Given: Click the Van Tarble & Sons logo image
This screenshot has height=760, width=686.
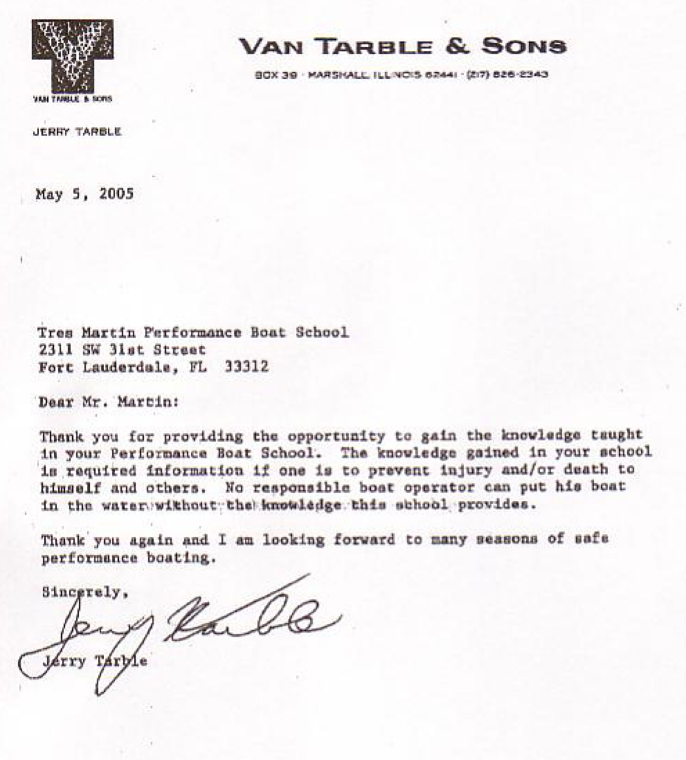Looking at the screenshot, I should [x=72, y=55].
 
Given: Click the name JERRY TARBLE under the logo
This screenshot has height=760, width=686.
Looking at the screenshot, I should [x=77, y=132].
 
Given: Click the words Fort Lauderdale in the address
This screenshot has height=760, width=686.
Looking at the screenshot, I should [x=100, y=367].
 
